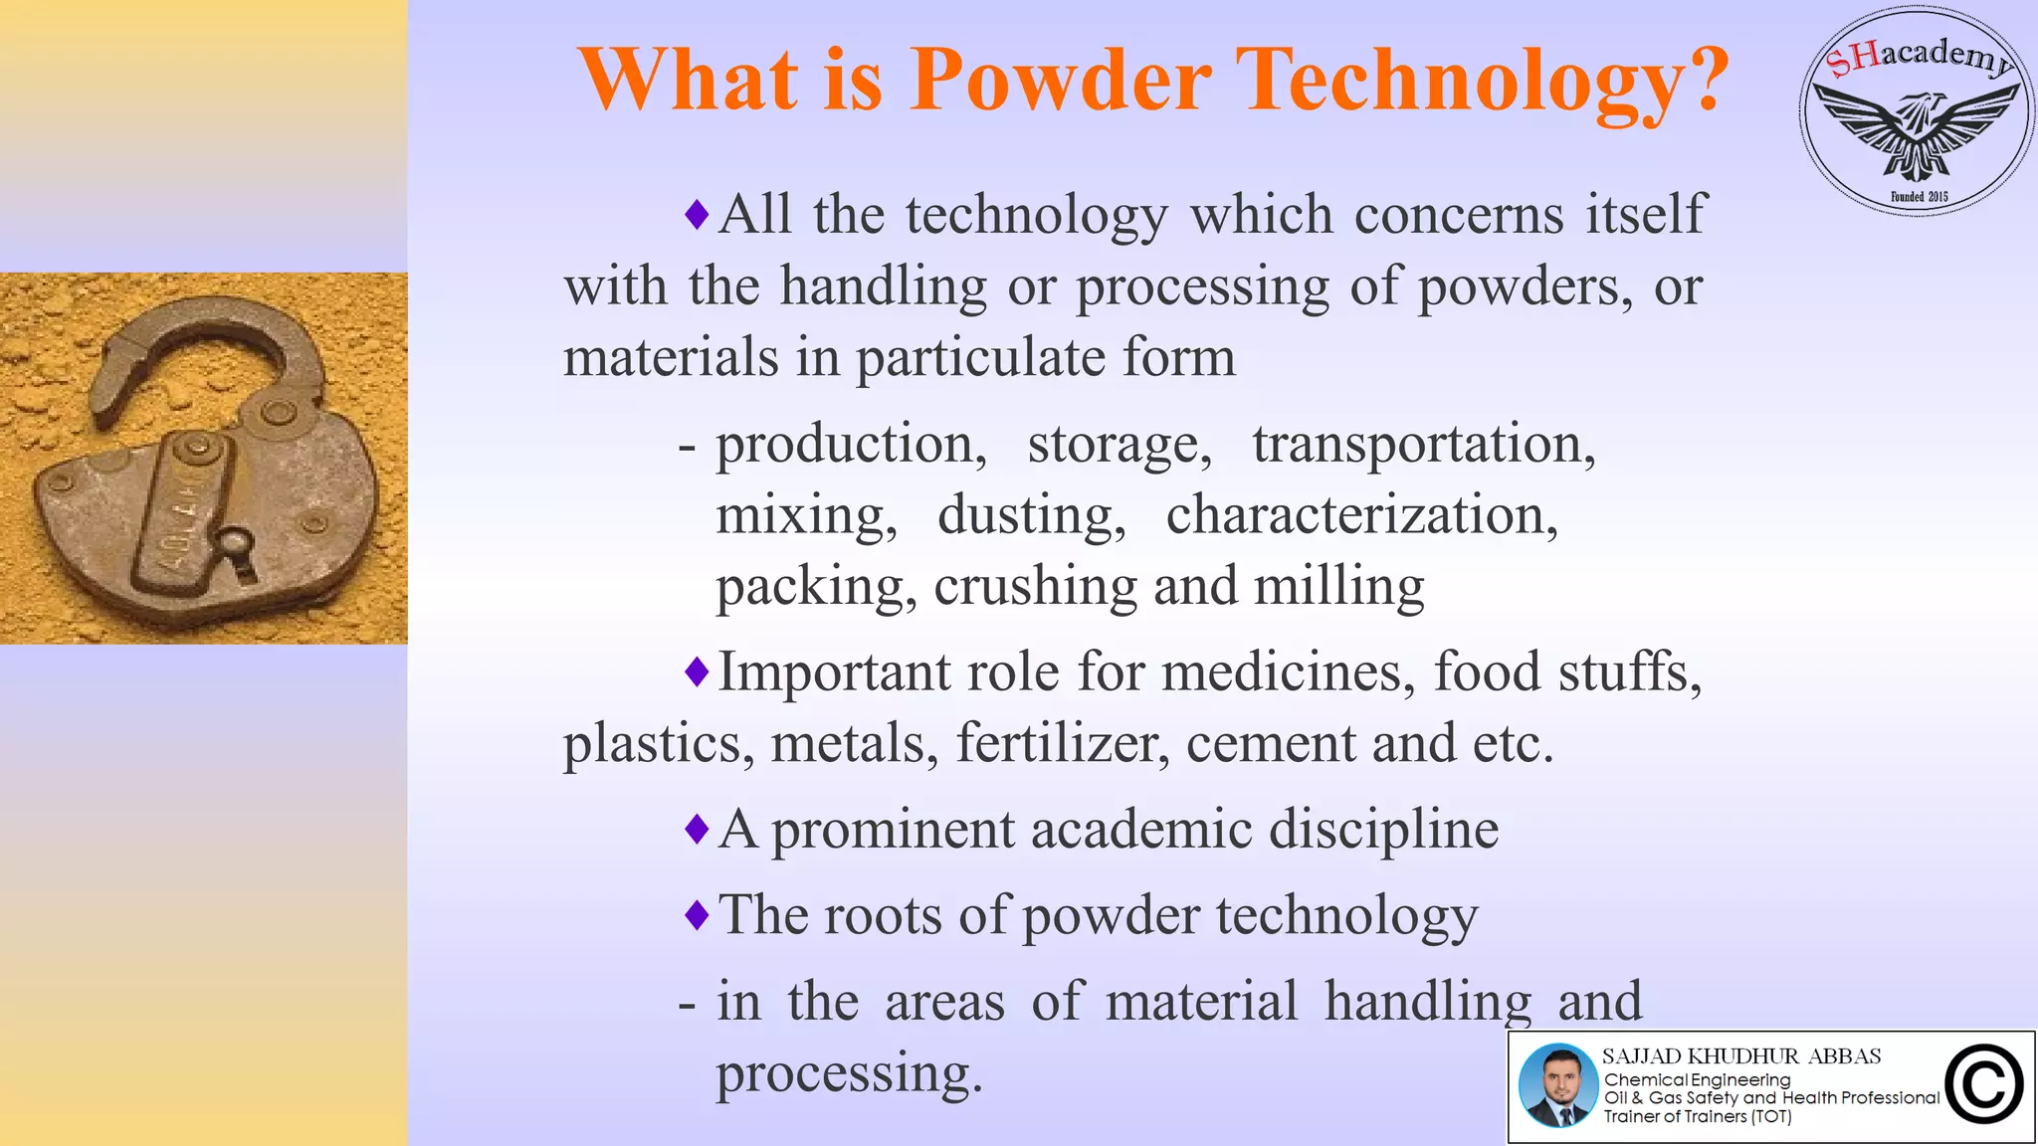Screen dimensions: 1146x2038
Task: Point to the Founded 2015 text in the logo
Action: click(1920, 197)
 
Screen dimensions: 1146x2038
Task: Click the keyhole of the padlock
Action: click(237, 552)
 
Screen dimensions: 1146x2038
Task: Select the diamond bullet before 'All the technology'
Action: click(697, 214)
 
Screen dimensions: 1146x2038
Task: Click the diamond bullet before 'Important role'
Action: click(697, 671)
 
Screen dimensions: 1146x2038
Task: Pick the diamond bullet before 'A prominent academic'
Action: click(697, 828)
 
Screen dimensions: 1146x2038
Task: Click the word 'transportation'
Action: click(1423, 445)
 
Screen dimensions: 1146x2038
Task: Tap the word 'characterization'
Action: click(1361, 516)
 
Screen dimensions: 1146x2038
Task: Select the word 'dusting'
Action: click(1031, 516)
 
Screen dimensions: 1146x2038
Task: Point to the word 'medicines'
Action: click(1288, 672)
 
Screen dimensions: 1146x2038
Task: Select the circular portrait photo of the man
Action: click(1557, 1085)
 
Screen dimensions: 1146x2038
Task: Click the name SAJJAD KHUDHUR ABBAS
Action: click(1740, 1056)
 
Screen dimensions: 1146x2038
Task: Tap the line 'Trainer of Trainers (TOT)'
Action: click(1697, 1117)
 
